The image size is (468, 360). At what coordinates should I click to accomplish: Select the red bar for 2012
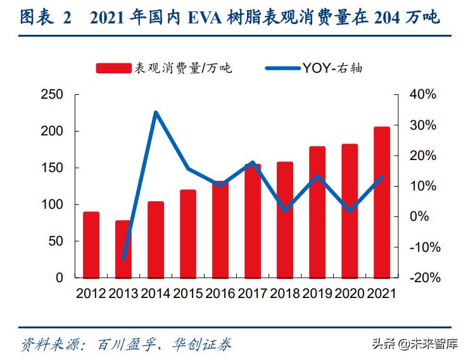(x=91, y=245)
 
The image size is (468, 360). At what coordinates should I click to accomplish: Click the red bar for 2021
(x=382, y=202)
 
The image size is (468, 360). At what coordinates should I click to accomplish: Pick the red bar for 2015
(x=188, y=233)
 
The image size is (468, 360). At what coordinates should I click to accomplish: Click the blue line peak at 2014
(x=156, y=113)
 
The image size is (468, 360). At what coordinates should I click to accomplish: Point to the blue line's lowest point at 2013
(x=123, y=259)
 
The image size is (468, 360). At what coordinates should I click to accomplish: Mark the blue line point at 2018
(x=285, y=209)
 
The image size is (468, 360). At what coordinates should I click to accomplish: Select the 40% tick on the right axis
(x=422, y=95)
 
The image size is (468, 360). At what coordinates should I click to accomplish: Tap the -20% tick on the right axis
(x=421, y=278)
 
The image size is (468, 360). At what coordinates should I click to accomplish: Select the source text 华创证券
(x=206, y=344)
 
